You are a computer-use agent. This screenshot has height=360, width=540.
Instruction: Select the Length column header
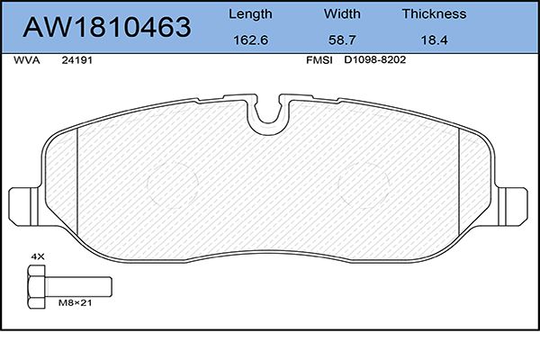250,13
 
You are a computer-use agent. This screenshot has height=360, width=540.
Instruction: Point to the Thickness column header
434,13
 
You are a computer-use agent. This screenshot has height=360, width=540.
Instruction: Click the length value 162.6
250,40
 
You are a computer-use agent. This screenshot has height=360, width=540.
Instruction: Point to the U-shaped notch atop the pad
268,114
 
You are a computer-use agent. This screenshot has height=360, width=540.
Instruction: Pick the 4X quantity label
38,256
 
